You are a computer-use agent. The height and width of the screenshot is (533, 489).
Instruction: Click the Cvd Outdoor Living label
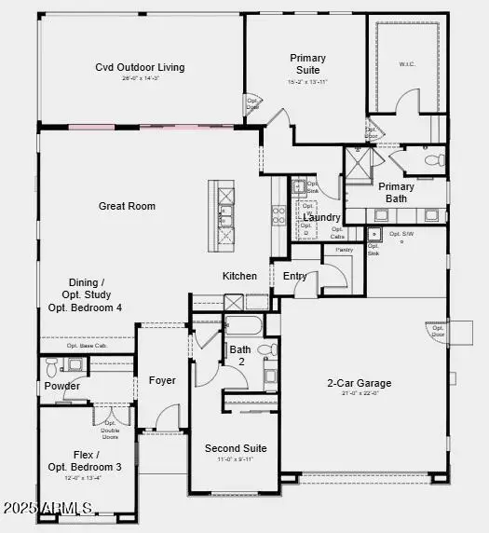[140, 67]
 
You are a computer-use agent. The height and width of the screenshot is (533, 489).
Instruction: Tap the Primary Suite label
[307, 63]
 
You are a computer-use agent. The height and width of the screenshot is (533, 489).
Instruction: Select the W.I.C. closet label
[406, 64]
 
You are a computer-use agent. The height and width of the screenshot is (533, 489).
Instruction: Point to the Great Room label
[127, 206]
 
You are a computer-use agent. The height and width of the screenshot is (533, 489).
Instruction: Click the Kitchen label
[239, 276]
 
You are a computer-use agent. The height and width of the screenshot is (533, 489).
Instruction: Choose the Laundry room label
[321, 217]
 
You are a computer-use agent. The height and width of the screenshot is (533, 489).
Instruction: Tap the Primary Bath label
[396, 192]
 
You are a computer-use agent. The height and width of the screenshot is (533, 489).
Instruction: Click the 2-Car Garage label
[359, 383]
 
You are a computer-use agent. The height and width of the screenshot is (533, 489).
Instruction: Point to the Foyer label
[162, 380]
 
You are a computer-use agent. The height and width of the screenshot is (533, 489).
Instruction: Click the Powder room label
[61, 386]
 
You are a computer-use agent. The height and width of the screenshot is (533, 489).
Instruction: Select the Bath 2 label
[239, 355]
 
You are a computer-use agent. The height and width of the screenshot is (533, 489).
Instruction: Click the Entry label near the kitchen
[295, 276]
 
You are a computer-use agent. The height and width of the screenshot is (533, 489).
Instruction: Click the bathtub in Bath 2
[244, 326]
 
